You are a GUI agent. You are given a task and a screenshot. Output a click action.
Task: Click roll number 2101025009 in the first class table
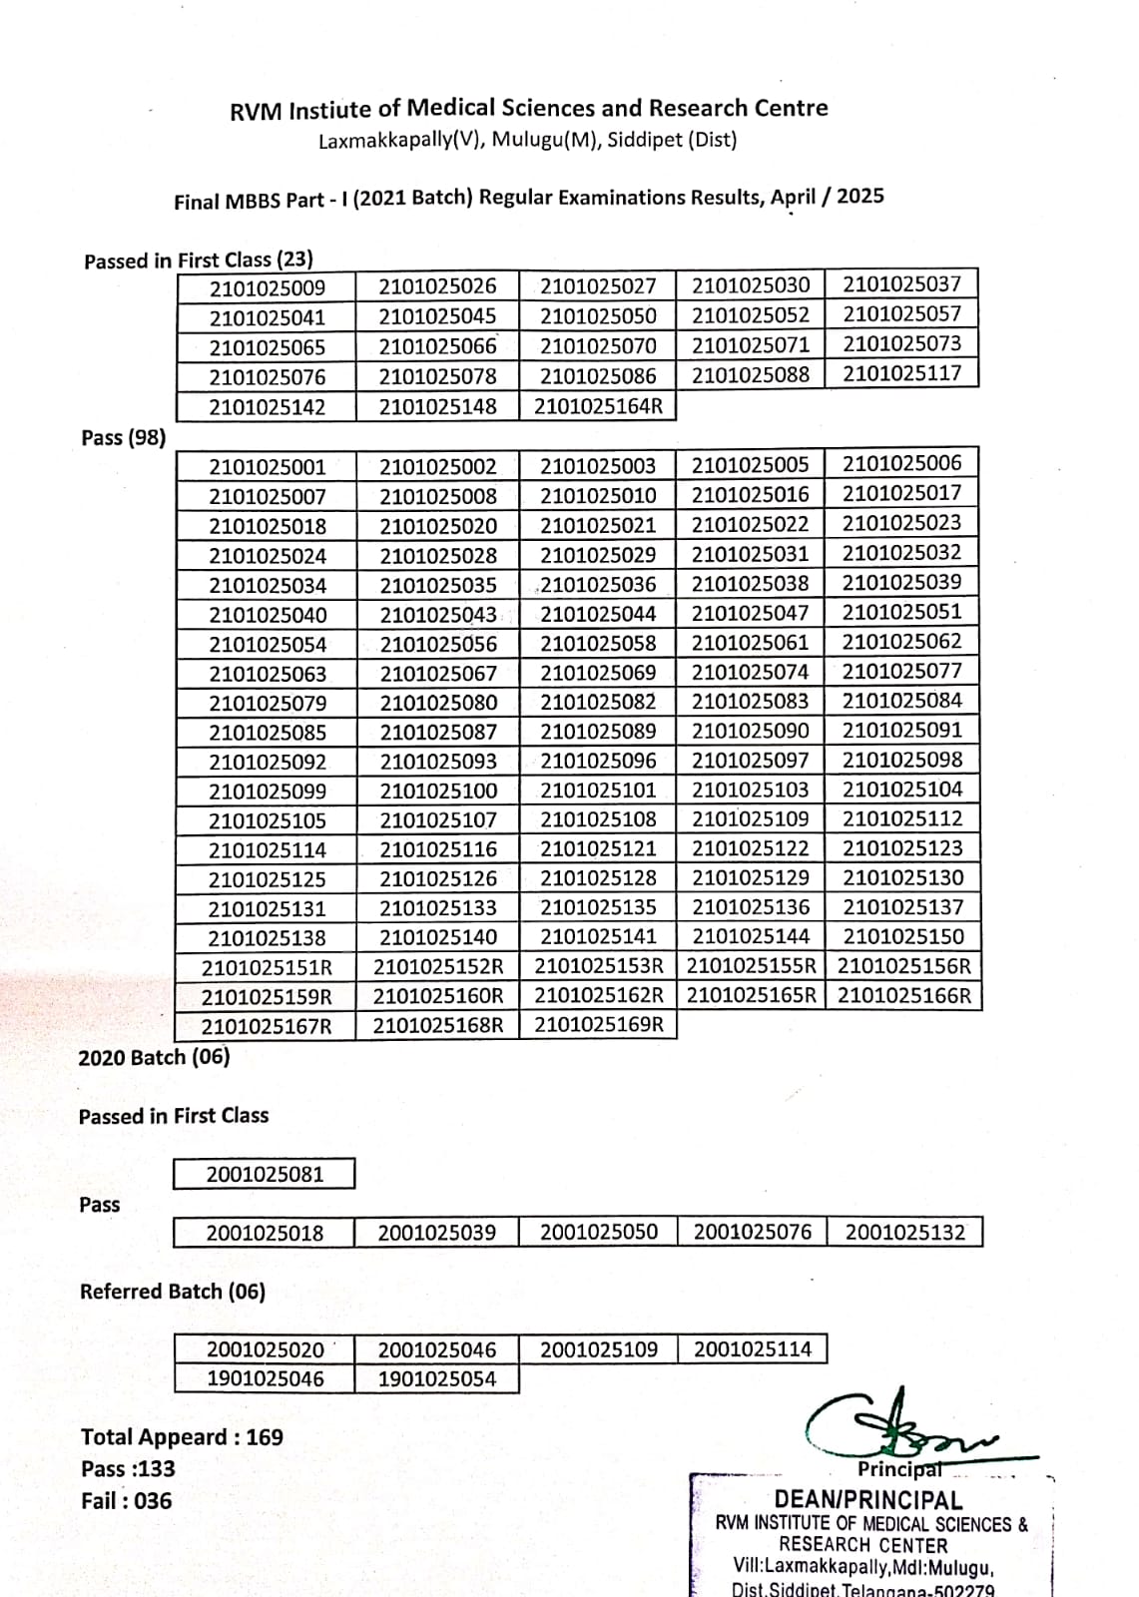(x=268, y=289)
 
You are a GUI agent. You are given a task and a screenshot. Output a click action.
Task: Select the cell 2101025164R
(x=598, y=406)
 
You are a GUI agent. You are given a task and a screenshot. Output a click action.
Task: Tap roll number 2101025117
(x=901, y=373)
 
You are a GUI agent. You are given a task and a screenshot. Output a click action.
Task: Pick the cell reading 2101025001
(x=268, y=467)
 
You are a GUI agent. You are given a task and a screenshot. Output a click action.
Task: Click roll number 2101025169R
(x=598, y=1024)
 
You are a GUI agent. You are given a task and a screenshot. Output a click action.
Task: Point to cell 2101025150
(x=903, y=936)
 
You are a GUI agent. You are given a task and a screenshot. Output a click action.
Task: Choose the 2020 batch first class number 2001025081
(x=265, y=1174)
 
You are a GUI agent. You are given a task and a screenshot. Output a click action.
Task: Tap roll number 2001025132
(x=904, y=1232)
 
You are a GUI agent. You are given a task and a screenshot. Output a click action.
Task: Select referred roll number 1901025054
(x=437, y=1379)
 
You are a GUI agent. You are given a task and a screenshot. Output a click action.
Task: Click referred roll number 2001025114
(x=753, y=1349)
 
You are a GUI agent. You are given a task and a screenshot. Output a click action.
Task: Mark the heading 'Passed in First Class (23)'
(x=199, y=261)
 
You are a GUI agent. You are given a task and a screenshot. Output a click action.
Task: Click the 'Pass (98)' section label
(x=124, y=437)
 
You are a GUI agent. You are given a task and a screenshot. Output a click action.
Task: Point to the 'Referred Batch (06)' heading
(x=173, y=1292)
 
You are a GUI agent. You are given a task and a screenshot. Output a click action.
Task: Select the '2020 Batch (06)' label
(x=154, y=1057)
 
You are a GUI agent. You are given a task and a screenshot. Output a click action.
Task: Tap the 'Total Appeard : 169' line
(x=182, y=1437)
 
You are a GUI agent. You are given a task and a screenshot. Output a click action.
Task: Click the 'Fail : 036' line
(x=126, y=1501)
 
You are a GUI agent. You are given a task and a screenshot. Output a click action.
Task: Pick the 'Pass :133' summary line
(x=128, y=1469)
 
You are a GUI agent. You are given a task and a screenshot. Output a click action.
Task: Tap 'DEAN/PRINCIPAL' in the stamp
(x=868, y=1499)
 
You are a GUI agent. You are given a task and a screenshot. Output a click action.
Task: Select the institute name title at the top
(x=528, y=109)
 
